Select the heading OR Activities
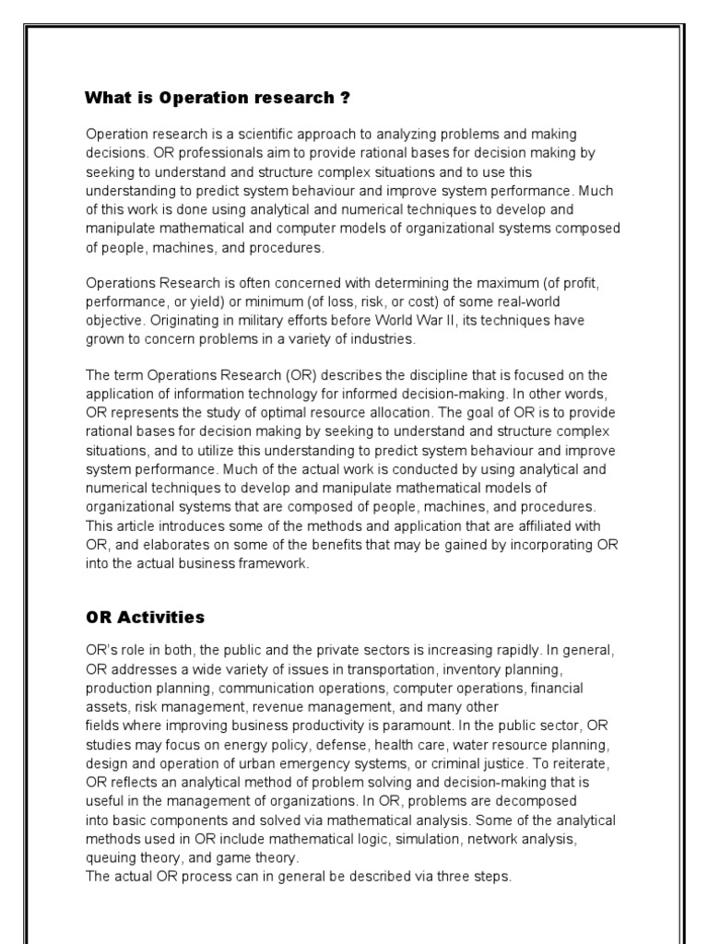click(145, 617)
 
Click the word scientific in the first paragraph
click(265, 135)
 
